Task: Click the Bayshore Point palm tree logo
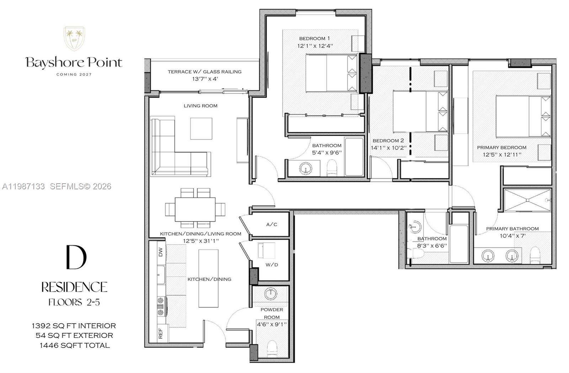tap(74, 38)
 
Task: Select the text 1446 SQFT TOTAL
tap(75, 345)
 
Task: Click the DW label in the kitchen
tap(160, 252)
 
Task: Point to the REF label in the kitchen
tap(160, 333)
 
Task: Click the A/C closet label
tap(272, 225)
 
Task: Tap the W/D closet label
tap(272, 265)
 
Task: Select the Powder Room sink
tap(271, 294)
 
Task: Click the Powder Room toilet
tap(272, 348)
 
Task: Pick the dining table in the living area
tap(195, 208)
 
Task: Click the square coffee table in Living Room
tap(201, 129)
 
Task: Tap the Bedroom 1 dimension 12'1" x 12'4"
tap(315, 46)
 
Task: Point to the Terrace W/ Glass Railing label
tap(204, 72)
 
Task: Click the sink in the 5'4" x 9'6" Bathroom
tap(305, 168)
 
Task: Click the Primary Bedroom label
tap(501, 147)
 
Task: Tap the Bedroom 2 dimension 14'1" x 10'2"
tap(388, 148)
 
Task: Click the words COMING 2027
tap(74, 75)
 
